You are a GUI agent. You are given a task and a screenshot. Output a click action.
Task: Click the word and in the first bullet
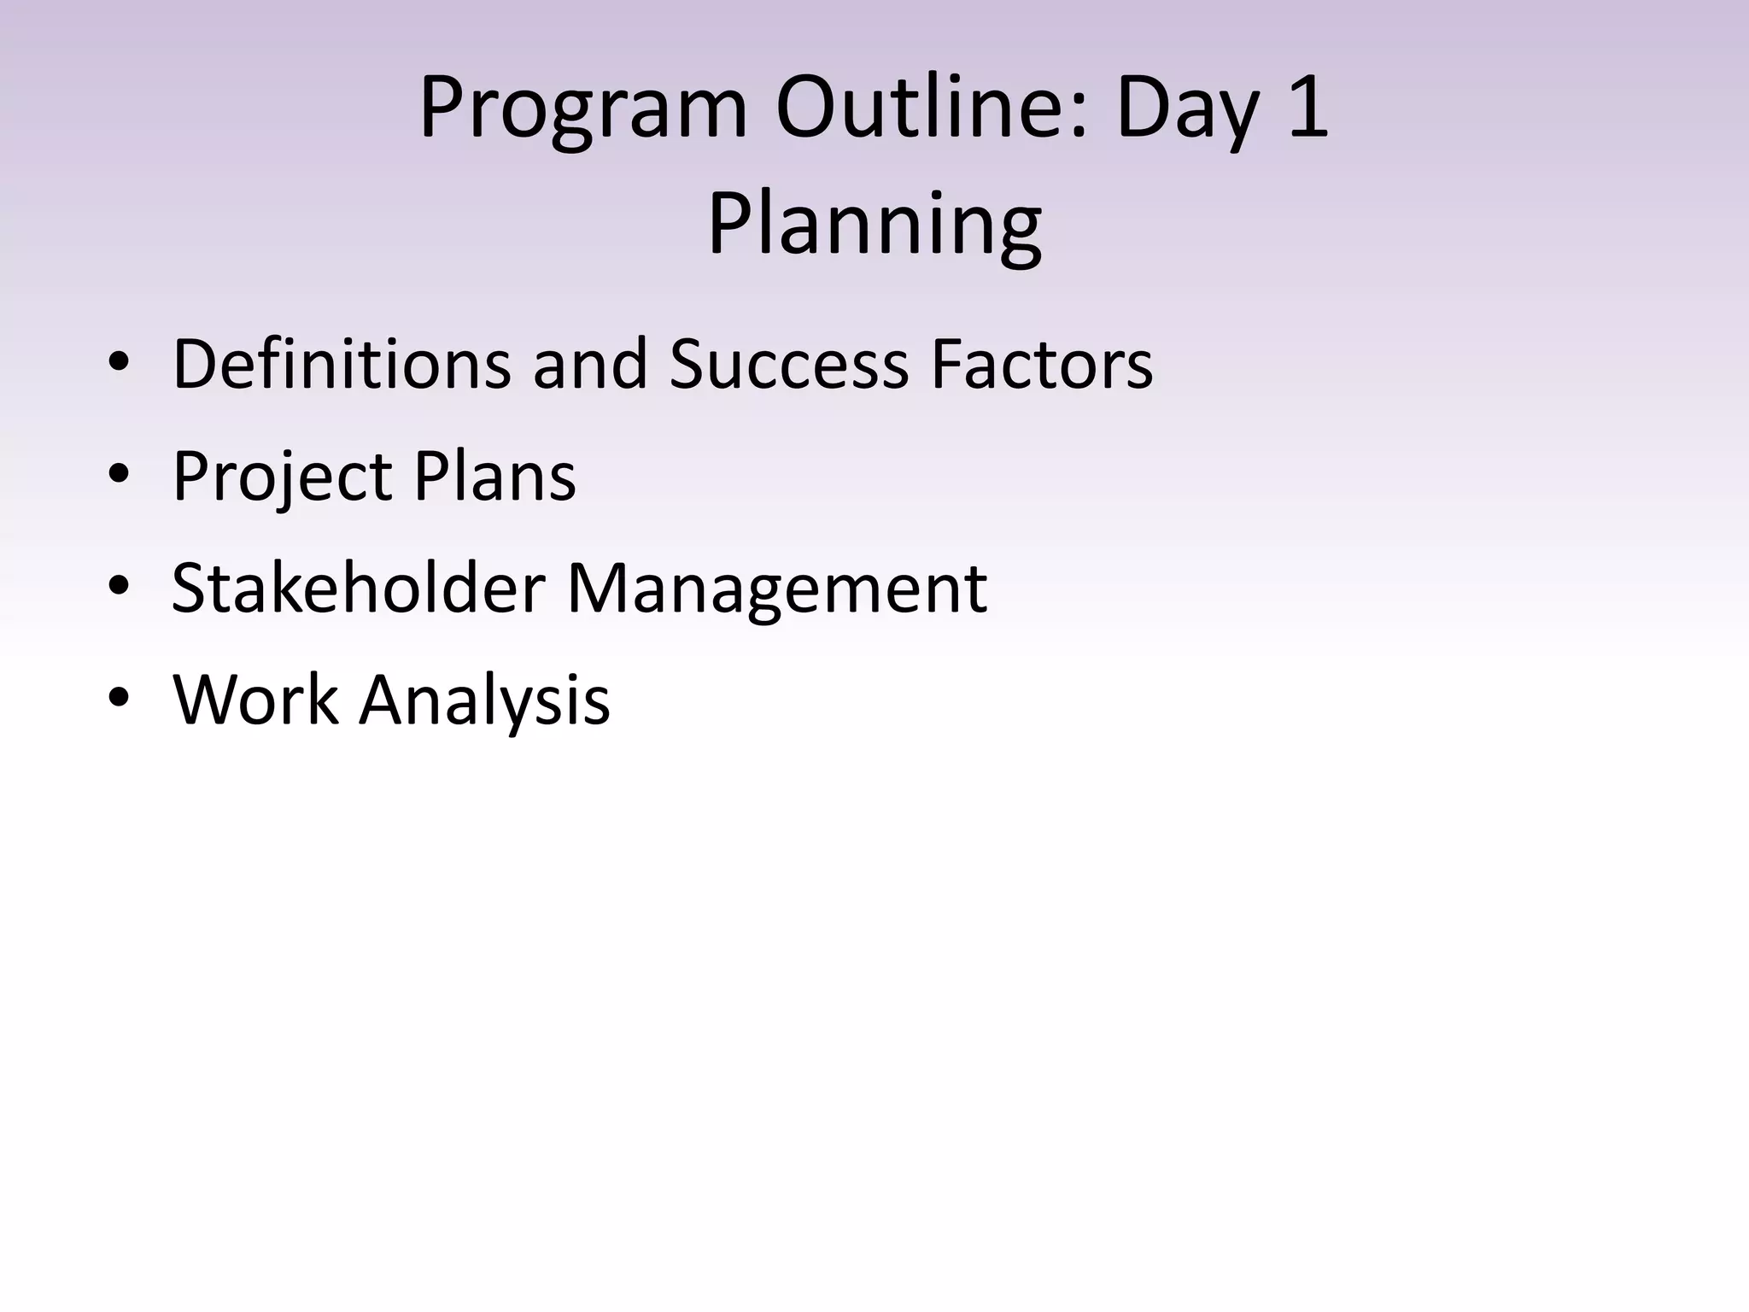590,364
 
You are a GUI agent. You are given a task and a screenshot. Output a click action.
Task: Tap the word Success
789,364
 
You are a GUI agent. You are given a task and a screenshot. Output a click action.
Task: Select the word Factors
1042,364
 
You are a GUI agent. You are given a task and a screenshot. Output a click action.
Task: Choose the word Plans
494,475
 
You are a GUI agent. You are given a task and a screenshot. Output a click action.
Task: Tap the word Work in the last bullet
255,700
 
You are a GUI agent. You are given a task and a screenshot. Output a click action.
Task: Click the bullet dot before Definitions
119,363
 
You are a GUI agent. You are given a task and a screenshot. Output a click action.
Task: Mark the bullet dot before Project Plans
119,475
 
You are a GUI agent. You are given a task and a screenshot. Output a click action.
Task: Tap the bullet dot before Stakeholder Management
119,587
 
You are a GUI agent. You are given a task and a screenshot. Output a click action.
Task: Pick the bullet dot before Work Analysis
119,699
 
